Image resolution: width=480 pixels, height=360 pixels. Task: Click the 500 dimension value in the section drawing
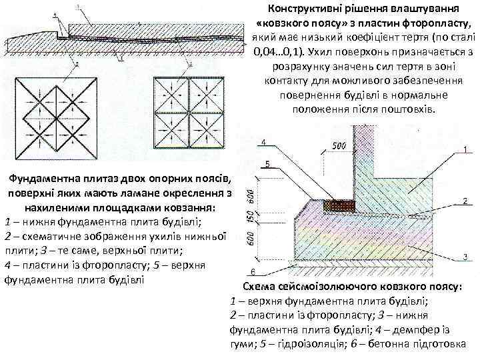point(339,146)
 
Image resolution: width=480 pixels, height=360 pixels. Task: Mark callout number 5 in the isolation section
point(267,163)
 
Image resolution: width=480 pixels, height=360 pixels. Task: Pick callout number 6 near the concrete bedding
point(253,271)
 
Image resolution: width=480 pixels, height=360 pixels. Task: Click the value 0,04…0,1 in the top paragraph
point(279,51)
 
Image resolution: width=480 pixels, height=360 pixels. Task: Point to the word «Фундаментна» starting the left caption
point(41,179)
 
